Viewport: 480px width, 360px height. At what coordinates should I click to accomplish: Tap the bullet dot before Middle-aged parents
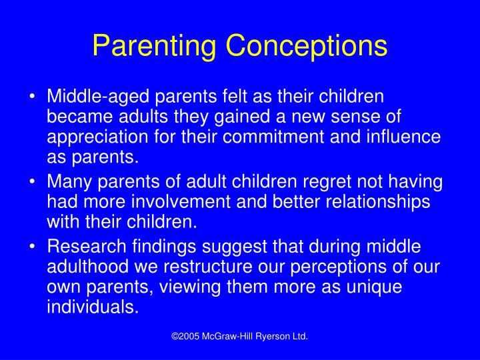click(x=33, y=97)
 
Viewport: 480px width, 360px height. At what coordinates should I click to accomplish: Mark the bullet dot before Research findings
click(x=33, y=248)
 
